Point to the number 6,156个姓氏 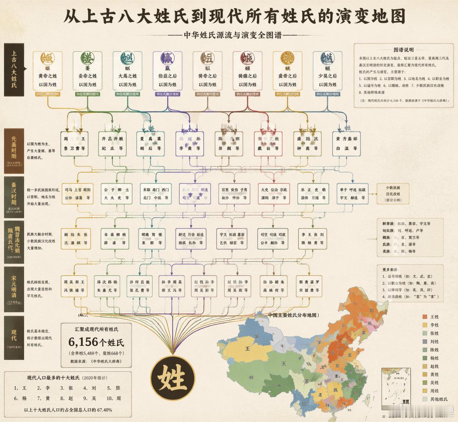(x=96, y=342)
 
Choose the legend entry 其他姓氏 (x=435, y=399)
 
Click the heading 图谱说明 (x=404, y=50)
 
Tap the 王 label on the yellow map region (x=247, y=348)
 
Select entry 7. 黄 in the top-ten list (x=44, y=399)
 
